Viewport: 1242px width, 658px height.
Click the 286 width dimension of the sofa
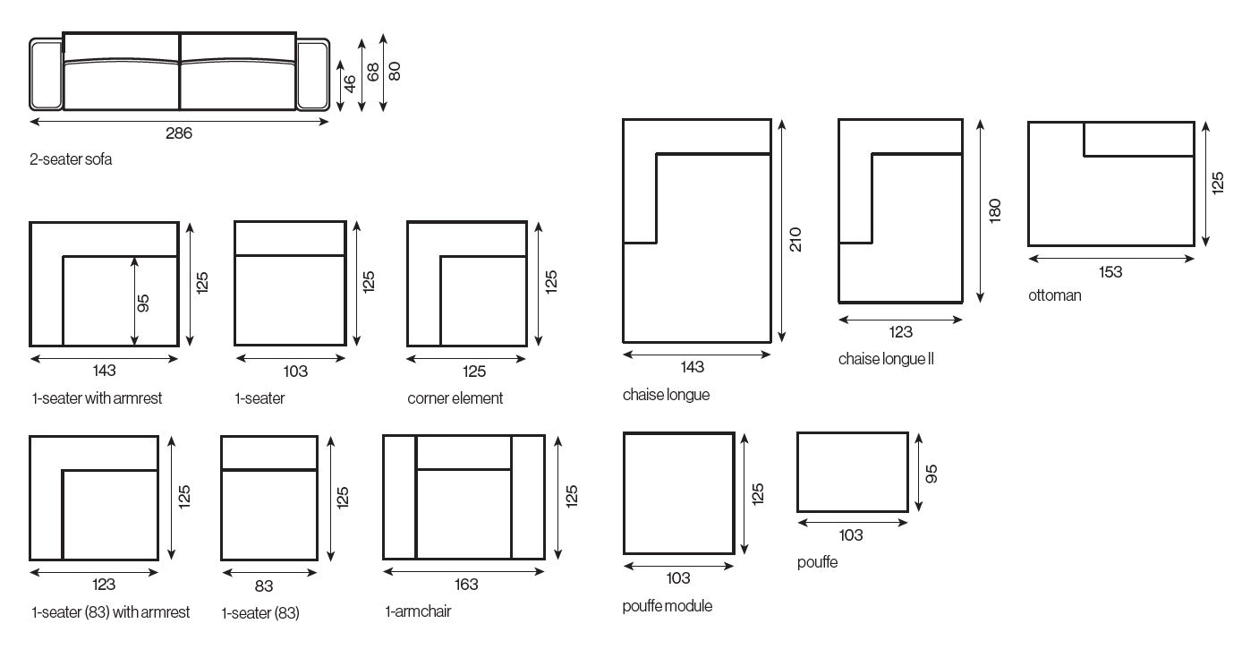pos(179,133)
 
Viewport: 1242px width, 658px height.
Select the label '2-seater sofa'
pos(72,159)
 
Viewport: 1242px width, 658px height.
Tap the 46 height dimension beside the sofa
pos(350,83)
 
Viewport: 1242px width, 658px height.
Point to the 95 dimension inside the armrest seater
pos(143,303)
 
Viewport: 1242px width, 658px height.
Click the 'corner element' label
pos(455,398)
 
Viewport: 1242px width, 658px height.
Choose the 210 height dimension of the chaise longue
pos(795,239)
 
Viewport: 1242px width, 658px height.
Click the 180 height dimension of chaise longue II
pos(995,210)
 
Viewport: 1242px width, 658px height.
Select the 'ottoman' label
pos(1054,295)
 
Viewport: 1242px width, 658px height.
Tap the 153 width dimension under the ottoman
pos(1110,272)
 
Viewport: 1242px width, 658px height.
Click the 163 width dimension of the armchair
pos(466,585)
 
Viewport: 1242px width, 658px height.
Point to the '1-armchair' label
pos(418,612)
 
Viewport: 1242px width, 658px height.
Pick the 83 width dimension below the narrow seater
pos(264,586)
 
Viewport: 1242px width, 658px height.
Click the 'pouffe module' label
pos(668,606)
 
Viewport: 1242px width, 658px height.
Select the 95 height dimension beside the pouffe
pos(931,474)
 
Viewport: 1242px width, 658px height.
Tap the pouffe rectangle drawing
pos(852,472)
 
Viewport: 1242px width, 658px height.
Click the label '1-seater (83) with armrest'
pos(110,612)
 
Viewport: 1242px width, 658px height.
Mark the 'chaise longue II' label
pos(886,359)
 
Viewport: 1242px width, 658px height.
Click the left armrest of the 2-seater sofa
pos(46,75)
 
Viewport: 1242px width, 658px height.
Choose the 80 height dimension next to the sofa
pos(395,70)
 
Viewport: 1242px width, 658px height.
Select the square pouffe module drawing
pos(678,493)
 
